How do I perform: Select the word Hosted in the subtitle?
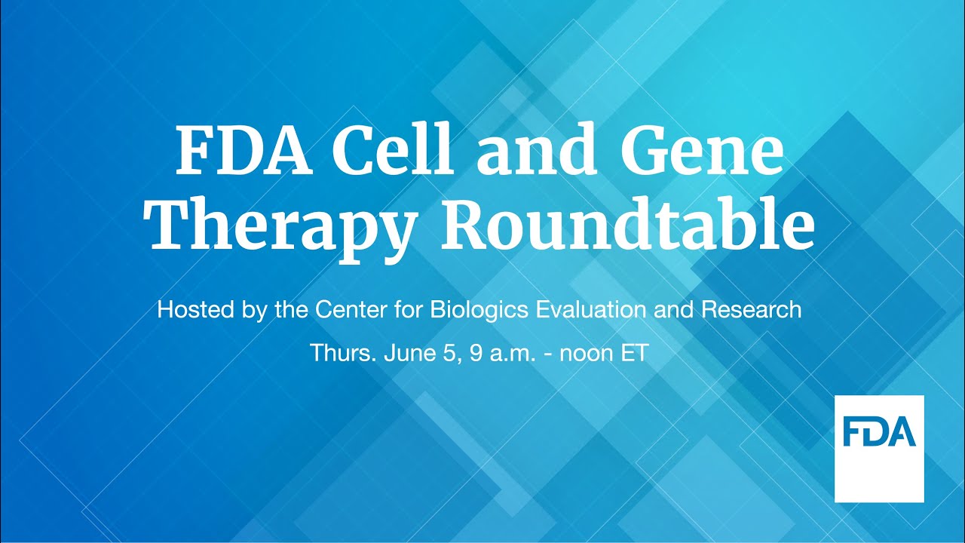coord(188,310)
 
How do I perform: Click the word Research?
coord(752,310)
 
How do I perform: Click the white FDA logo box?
coord(879,448)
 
